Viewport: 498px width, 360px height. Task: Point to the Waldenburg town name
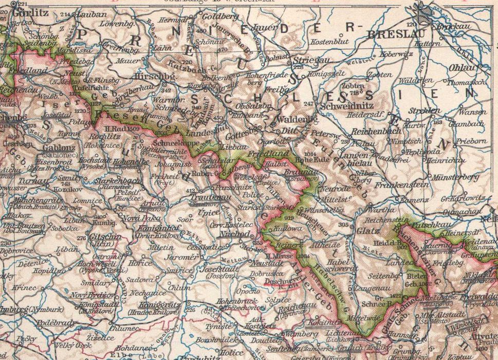293,119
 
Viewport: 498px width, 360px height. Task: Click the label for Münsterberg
456,177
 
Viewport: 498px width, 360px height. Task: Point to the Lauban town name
92,15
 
